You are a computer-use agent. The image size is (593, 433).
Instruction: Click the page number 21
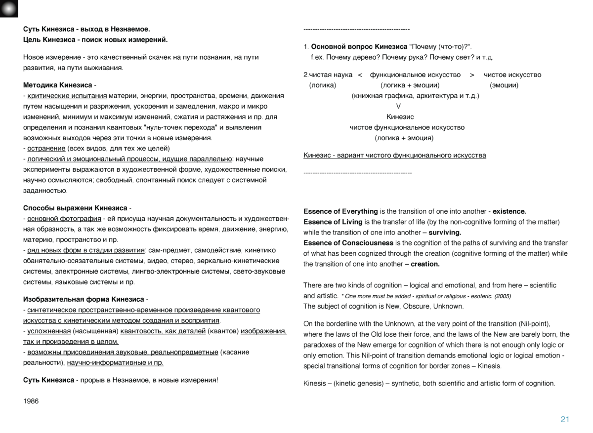tap(565, 420)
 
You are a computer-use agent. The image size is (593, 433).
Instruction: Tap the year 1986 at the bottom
tap(31, 401)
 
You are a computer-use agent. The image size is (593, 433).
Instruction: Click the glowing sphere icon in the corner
tap(9, 8)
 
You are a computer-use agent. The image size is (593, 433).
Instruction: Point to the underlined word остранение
tap(46, 148)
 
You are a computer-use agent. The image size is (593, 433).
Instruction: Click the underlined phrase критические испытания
tap(67, 95)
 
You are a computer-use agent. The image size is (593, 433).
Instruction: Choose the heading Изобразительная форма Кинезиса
tap(84, 299)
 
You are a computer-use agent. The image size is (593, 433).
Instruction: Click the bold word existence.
tap(509, 211)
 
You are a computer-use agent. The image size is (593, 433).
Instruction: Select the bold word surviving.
tap(445, 232)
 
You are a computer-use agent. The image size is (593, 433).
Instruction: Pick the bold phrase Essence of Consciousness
tap(348, 243)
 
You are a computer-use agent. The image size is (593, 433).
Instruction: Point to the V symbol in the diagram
tap(399, 106)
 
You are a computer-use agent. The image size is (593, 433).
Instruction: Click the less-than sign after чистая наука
tap(360, 75)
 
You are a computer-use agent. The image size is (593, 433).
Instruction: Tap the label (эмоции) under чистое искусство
tap(504, 85)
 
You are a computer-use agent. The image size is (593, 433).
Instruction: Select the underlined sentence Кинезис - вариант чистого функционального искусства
tap(394, 156)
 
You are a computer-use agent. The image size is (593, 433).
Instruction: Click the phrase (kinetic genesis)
tap(355, 383)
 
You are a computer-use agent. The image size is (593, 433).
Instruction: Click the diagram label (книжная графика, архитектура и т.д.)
tap(415, 96)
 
